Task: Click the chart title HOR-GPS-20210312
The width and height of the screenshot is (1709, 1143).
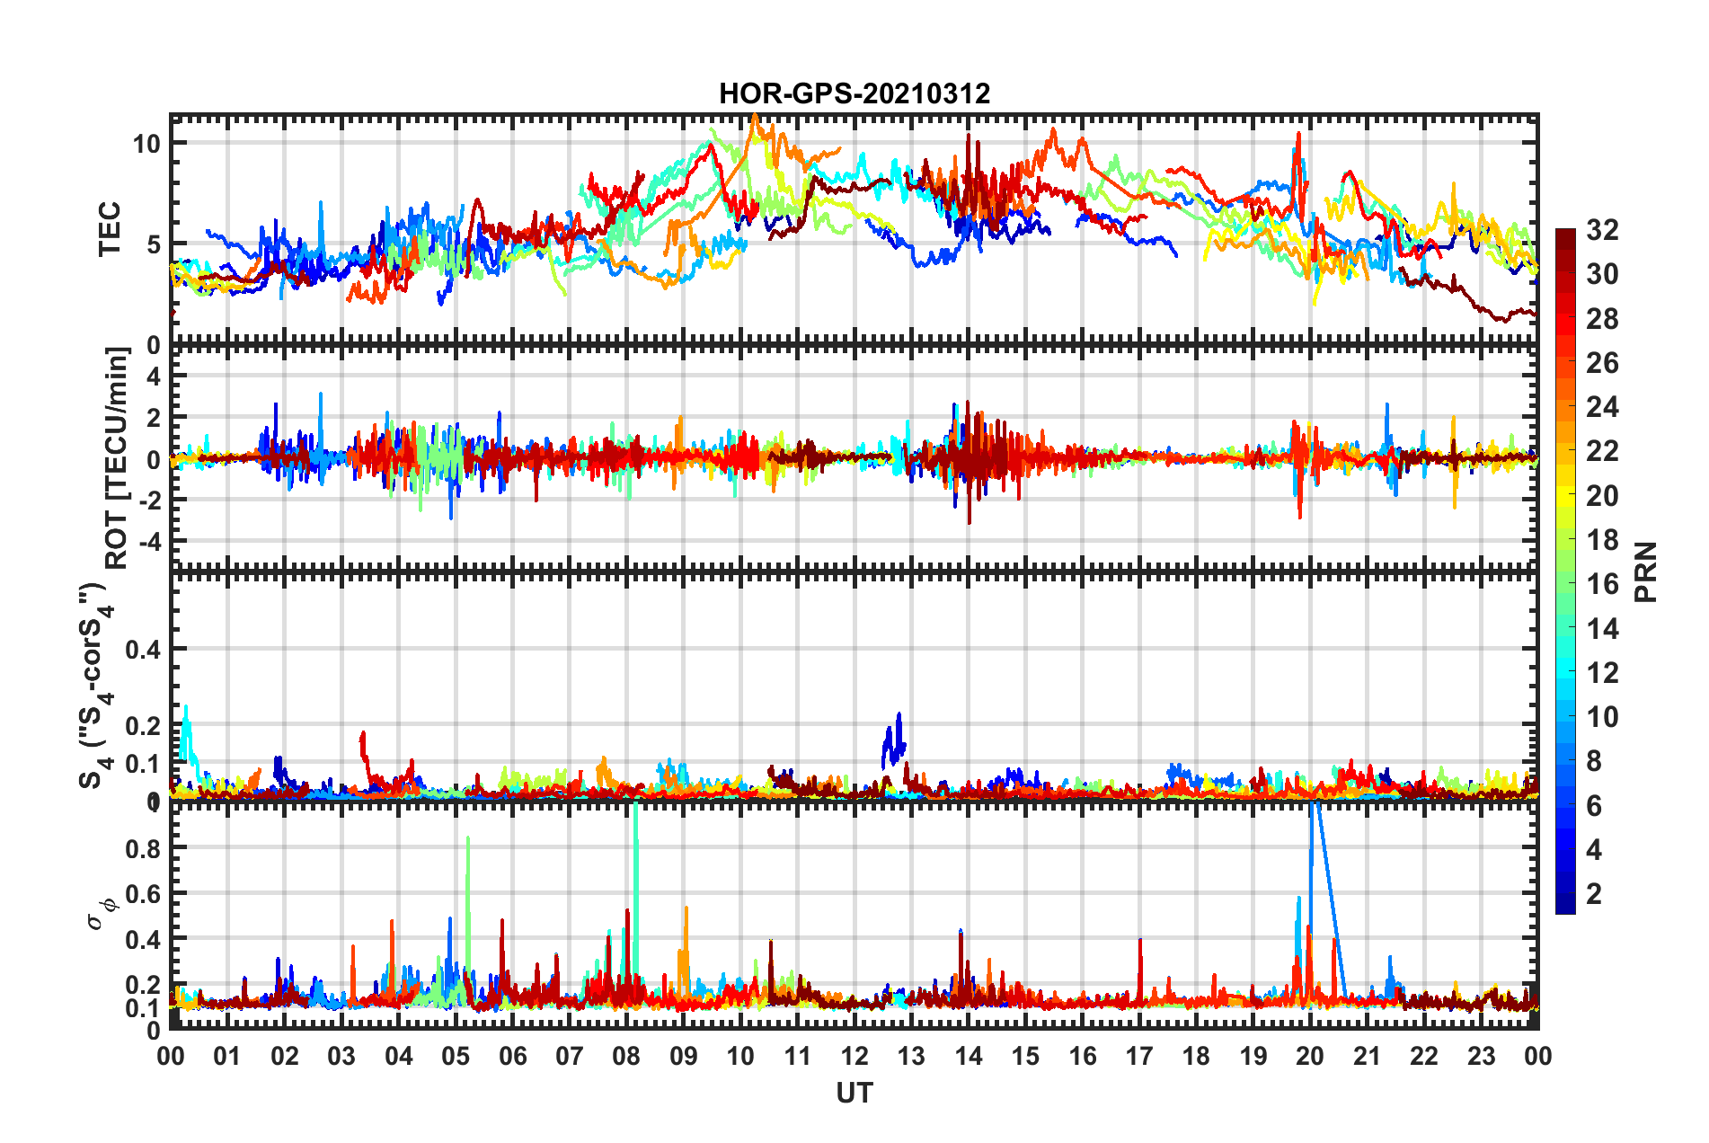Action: tap(854, 93)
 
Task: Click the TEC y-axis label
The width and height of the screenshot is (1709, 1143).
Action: tap(109, 229)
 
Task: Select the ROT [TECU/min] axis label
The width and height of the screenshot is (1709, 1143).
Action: tap(117, 458)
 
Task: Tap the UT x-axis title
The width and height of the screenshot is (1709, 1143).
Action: tap(854, 1093)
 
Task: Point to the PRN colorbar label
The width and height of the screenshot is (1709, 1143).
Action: tap(1646, 572)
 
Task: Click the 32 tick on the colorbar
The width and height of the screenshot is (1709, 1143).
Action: tap(1602, 230)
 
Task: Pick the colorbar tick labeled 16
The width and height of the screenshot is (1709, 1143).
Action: tap(1602, 584)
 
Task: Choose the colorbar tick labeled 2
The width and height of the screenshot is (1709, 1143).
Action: tap(1595, 893)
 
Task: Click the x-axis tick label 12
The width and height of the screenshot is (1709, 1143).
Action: tap(854, 1056)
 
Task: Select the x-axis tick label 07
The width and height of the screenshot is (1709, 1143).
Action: tap(570, 1056)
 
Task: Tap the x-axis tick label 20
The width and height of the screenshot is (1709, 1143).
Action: tap(1310, 1056)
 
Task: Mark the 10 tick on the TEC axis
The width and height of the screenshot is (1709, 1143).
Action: tap(146, 144)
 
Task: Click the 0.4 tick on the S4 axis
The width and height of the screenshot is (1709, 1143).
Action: tap(143, 649)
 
